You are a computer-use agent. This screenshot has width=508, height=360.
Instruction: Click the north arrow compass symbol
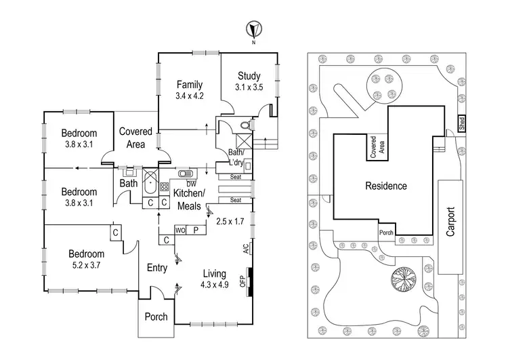coord(253,31)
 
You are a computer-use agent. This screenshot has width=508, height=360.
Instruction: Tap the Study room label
coord(249,76)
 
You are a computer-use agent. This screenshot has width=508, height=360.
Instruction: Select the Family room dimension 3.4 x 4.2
coord(190,96)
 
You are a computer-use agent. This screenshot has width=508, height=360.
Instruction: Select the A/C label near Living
coord(245,249)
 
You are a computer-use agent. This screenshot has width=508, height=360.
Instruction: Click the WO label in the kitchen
coord(182,231)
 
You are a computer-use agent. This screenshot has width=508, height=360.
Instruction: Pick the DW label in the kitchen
coord(191,184)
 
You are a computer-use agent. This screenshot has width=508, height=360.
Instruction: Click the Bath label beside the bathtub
coord(129,183)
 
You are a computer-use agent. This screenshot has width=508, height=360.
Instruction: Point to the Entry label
coord(157,268)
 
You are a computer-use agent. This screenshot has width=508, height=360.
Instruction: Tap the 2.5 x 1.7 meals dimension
coord(229,222)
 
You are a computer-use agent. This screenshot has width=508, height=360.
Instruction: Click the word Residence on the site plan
coord(386,186)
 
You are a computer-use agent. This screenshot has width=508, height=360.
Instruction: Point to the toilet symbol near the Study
coord(246,125)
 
